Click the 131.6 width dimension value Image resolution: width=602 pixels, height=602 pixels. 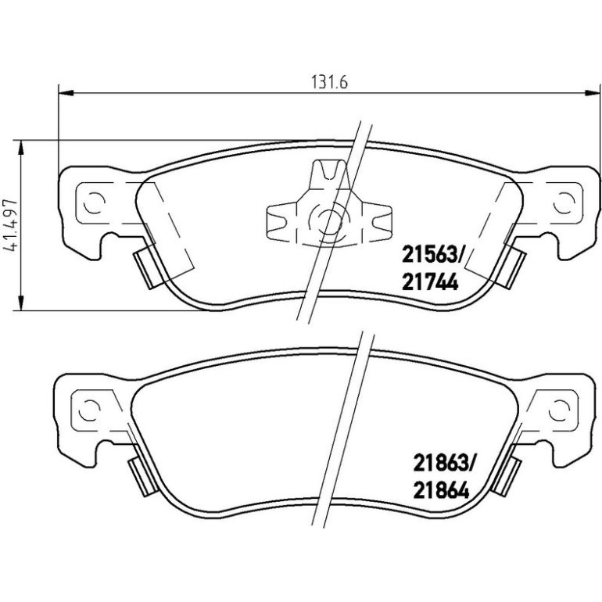[329, 82]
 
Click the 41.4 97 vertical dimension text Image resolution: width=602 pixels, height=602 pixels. [10, 225]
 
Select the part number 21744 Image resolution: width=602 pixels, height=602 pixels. [430, 282]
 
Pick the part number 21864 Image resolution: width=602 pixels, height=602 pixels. [442, 491]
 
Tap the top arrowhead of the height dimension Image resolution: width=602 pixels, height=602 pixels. [22, 148]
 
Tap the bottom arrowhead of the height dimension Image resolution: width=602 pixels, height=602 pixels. [22, 303]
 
